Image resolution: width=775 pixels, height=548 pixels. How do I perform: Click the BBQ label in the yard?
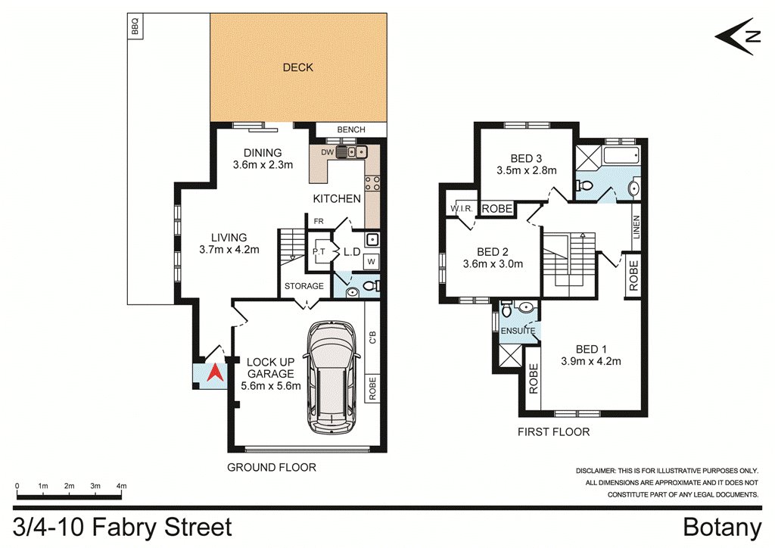click(135, 28)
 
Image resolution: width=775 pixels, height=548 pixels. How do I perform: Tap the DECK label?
click(297, 67)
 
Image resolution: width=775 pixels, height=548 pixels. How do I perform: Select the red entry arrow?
click(215, 372)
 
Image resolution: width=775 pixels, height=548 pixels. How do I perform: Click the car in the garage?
click(330, 379)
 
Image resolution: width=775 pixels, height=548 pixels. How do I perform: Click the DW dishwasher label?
click(327, 153)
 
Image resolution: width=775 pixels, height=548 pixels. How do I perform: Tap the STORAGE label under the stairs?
click(304, 286)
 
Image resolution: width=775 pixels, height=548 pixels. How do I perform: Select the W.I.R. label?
click(461, 209)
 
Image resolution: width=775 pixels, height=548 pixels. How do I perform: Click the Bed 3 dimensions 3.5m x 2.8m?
click(526, 171)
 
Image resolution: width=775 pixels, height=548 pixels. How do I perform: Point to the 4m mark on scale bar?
click(121, 485)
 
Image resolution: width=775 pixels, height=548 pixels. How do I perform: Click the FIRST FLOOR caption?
click(554, 432)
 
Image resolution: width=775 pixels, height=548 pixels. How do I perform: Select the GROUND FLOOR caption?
click(272, 467)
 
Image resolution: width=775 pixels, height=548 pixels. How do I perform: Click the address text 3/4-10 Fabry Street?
click(123, 527)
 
